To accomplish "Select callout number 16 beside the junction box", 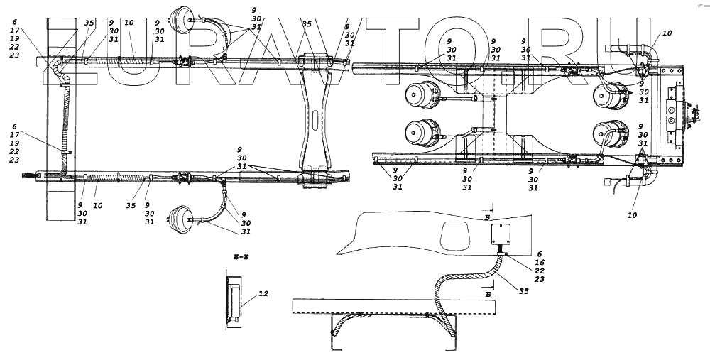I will [540, 262].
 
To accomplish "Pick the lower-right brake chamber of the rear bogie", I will [612, 133].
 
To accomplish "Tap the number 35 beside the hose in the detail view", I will [524, 290].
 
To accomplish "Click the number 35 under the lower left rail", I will [130, 206].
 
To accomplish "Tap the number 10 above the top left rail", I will [129, 23].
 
